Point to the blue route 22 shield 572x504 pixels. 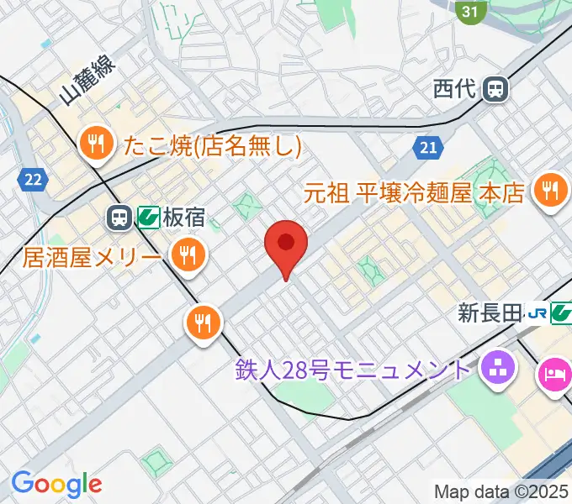coord(34,178)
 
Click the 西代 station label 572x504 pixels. coord(455,88)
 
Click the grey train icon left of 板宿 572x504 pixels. coord(119,218)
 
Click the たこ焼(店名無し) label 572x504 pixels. coord(212,146)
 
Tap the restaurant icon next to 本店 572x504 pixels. coord(550,191)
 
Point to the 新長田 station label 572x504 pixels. coord(489,314)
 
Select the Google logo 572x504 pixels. coord(56,483)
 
